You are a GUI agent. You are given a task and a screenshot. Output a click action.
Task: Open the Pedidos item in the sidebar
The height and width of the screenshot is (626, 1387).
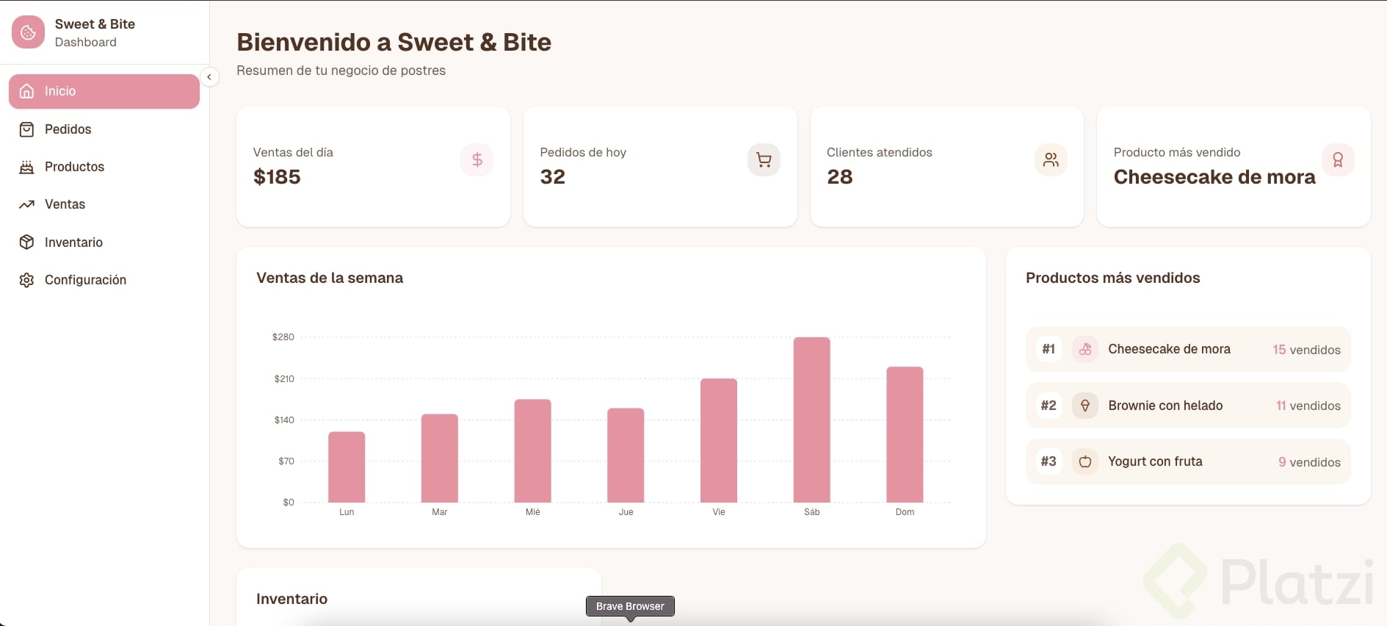(x=68, y=129)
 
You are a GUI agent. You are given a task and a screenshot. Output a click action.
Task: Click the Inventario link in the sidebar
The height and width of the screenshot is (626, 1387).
(x=73, y=242)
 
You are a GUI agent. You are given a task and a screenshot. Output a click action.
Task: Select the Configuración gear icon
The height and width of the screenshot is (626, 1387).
(x=27, y=280)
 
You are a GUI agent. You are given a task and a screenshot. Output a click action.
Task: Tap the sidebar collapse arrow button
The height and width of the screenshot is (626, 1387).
(x=209, y=77)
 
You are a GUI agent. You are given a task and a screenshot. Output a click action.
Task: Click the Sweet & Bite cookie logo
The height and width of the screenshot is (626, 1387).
(x=28, y=32)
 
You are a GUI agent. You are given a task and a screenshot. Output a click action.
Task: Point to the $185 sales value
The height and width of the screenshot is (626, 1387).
(x=277, y=177)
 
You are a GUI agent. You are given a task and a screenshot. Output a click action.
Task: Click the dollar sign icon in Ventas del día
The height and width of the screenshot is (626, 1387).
(x=477, y=159)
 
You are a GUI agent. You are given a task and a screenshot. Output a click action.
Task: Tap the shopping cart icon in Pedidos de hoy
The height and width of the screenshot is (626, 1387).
(x=764, y=159)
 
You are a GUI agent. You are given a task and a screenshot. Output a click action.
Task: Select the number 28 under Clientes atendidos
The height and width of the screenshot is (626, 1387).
(x=839, y=177)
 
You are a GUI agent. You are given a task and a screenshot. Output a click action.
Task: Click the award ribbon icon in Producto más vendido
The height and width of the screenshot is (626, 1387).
(x=1337, y=159)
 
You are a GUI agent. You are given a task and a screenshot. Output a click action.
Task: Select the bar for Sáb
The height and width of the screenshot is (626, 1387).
(x=811, y=420)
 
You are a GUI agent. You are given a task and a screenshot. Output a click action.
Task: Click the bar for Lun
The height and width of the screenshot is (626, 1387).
(x=347, y=467)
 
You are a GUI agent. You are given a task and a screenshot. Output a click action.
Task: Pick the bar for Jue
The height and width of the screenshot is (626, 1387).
(x=626, y=455)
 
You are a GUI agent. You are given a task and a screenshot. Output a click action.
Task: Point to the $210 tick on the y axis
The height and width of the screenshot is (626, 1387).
(x=284, y=379)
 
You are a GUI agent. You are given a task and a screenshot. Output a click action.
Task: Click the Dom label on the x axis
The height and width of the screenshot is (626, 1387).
(x=905, y=512)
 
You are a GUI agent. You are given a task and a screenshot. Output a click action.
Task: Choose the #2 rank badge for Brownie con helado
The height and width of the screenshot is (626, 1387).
(x=1049, y=406)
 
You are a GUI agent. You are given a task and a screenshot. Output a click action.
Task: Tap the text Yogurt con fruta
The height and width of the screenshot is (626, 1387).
(x=1155, y=461)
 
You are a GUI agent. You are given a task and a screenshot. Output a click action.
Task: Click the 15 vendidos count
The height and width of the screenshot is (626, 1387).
(x=1306, y=350)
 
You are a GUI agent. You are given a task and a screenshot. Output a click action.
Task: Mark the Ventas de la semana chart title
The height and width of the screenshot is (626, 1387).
(x=330, y=278)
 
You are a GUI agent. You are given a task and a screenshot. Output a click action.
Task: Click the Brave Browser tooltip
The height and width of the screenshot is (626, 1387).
(x=630, y=606)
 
